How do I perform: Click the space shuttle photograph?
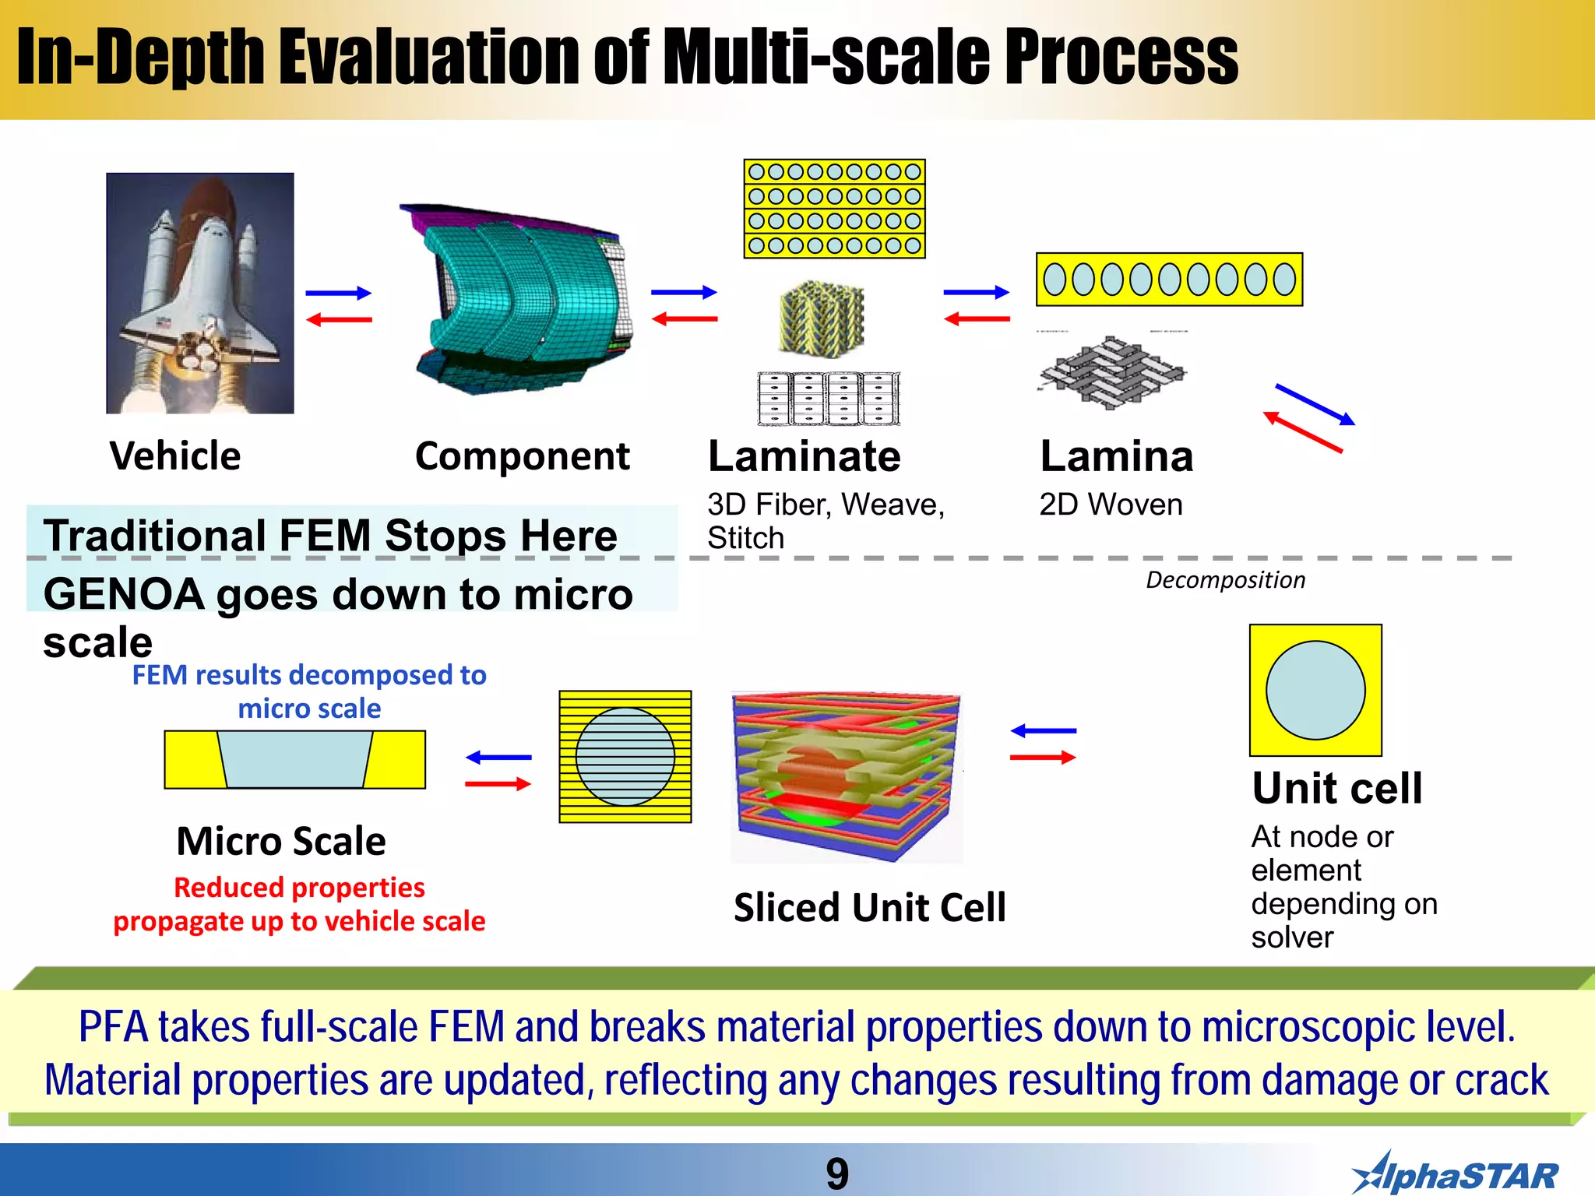[x=200, y=293]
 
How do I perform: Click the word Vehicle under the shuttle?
[x=175, y=456]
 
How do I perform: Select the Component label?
[x=522, y=456]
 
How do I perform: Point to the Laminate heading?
[x=804, y=456]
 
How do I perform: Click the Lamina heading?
[x=1116, y=456]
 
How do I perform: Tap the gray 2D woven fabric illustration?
[x=1111, y=373]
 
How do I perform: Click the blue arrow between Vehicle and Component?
[x=338, y=294]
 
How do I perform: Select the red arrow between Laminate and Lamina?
[x=977, y=318]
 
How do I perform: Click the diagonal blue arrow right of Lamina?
[x=1315, y=404]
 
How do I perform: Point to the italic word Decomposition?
[x=1225, y=580]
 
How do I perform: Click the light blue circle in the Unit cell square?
[x=1315, y=690]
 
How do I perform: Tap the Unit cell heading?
[x=1337, y=788]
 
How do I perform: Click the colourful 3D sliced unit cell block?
[x=847, y=777]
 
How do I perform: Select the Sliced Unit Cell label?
[x=869, y=908]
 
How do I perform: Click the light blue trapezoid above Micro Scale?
[x=294, y=759]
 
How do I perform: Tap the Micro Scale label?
[x=281, y=841]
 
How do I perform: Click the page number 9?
[x=837, y=1173]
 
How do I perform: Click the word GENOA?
[x=124, y=595]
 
